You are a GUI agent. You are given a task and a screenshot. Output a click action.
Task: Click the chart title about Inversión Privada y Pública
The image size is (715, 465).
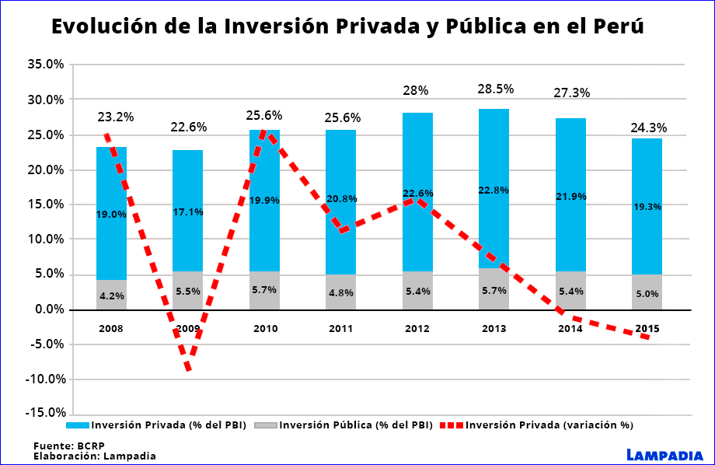click(347, 26)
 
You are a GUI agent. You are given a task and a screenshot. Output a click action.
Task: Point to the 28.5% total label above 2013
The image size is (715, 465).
click(495, 89)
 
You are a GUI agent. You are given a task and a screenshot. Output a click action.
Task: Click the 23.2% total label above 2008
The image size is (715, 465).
click(115, 117)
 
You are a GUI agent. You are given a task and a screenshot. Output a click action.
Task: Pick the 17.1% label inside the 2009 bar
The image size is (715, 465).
click(188, 212)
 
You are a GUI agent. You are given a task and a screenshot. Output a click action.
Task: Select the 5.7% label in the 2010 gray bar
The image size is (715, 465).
click(264, 290)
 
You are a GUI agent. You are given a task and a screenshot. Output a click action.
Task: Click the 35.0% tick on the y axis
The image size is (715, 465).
click(46, 65)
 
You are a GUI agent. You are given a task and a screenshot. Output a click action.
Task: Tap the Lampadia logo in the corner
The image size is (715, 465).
click(664, 454)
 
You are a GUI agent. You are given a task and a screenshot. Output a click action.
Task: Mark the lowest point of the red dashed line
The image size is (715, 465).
click(188, 369)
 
